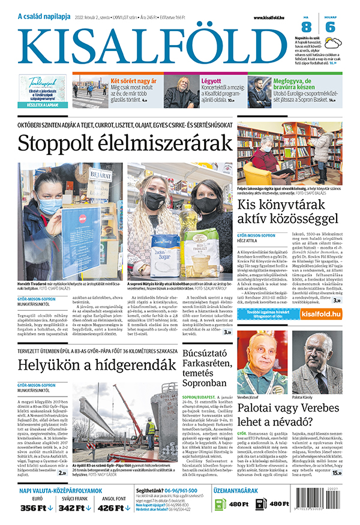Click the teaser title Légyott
212,80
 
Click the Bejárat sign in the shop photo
97,176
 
